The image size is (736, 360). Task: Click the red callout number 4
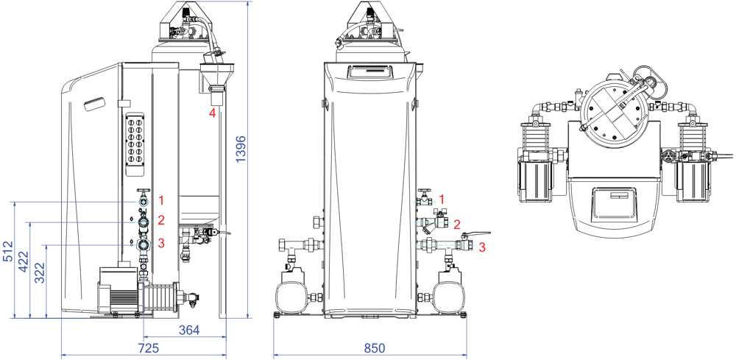coord(213,113)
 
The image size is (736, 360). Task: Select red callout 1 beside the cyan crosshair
coord(161,200)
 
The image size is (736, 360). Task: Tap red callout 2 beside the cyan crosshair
coord(161,220)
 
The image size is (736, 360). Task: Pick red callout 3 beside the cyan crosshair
coord(161,243)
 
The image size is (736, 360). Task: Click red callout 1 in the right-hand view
coord(442,199)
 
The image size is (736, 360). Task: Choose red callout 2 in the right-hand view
coord(457,225)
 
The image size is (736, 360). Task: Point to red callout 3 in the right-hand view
coord(482,247)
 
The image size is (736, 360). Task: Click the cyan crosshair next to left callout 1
coord(144,202)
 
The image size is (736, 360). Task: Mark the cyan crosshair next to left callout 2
coord(144,222)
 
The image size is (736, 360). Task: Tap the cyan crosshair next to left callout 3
coord(144,244)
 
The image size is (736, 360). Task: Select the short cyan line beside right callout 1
coord(424,202)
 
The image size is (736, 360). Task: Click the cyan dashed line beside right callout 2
coord(434,222)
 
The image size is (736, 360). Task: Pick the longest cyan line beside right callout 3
coord(445,245)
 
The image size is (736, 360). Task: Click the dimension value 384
coord(189,331)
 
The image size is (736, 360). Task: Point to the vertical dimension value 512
coord(8,251)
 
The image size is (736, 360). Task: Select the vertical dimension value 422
coord(24,261)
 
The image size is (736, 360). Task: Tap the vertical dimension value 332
coord(40,272)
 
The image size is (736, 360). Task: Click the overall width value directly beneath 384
coord(149,348)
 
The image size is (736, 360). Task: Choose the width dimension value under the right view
coord(375,348)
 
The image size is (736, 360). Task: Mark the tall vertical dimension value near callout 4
coord(241,149)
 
